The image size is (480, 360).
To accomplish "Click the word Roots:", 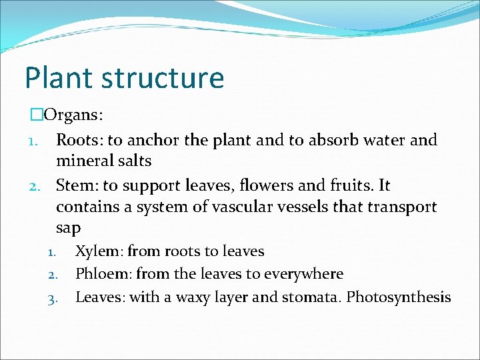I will click(79, 140).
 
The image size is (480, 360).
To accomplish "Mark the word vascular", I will click(242, 207).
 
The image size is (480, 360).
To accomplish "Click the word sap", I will click(68, 228).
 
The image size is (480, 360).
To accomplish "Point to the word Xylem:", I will click(99, 251).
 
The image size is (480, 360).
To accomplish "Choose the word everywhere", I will click(303, 274).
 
